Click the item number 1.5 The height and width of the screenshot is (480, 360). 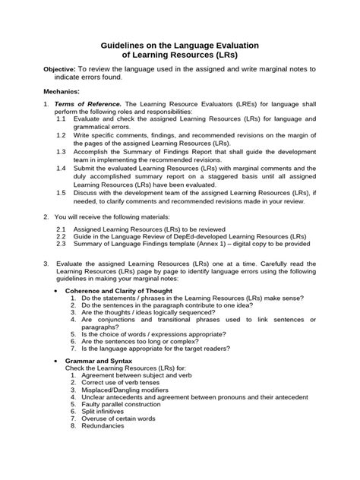click(x=62, y=193)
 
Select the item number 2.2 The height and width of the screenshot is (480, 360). click(x=62, y=236)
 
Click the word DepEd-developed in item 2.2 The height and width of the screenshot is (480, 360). click(x=197, y=236)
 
